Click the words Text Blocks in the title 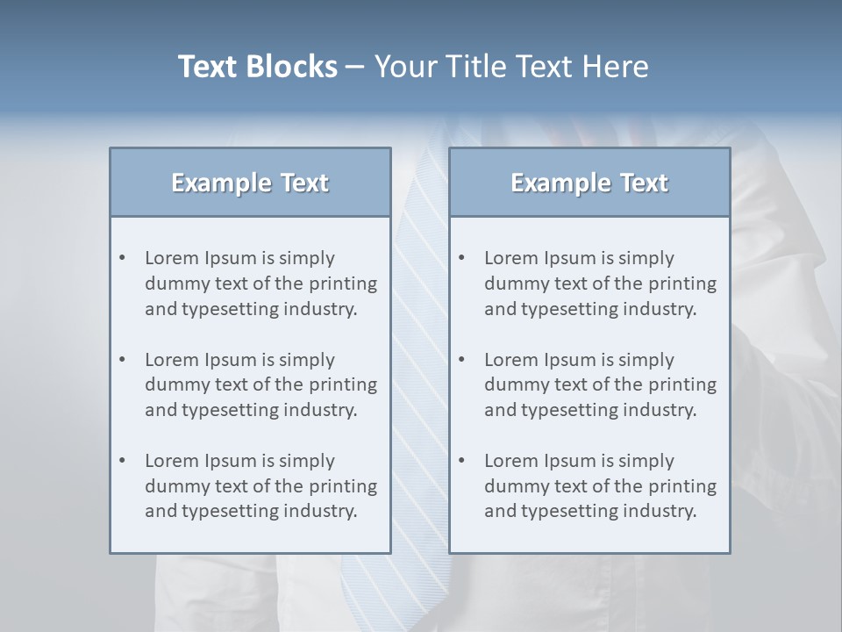pos(257,67)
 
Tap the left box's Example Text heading pos(250,183)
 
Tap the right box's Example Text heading pos(589,183)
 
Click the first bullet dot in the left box pos(123,258)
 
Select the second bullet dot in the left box pos(123,360)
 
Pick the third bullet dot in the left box pos(123,461)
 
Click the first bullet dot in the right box pos(462,258)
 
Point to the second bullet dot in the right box pos(462,360)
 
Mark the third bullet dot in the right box pos(462,461)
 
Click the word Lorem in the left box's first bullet pos(172,258)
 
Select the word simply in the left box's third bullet pos(307,461)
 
